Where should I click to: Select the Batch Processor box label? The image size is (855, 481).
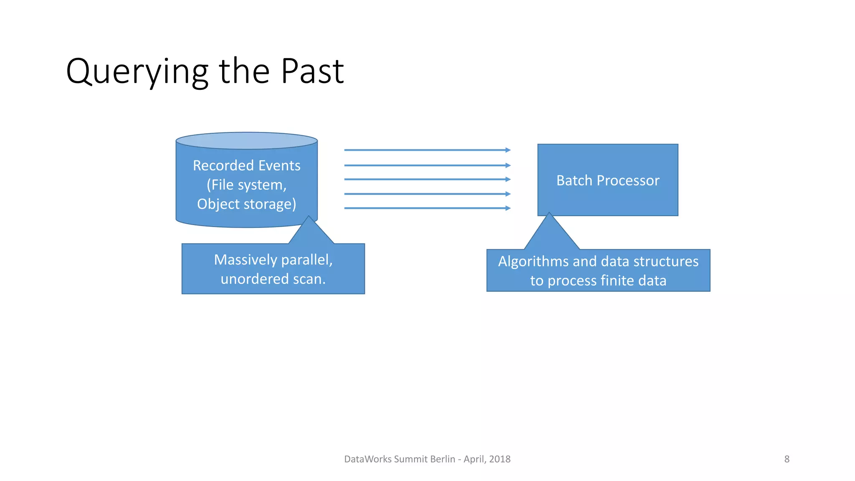607,180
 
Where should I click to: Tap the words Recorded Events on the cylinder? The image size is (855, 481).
246,166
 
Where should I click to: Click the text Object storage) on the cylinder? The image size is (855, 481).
246,204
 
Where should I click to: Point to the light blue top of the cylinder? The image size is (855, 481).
246,141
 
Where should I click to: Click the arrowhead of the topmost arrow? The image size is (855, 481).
508,150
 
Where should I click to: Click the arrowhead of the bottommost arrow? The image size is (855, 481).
508,208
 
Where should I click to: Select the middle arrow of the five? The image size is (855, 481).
426,180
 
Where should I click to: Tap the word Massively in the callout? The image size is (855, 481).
245,260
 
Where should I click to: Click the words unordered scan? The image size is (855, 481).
273,279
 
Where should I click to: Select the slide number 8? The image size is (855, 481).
787,459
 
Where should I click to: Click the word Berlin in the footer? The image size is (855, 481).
442,459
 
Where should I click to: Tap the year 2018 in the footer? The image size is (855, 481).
500,459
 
